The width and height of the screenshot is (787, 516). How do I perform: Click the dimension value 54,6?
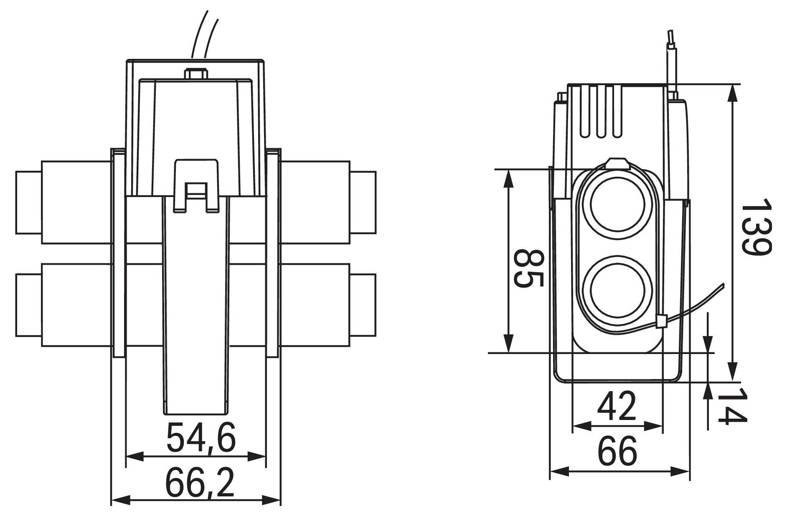click(x=201, y=438)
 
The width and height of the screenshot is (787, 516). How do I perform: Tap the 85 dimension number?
click(x=528, y=269)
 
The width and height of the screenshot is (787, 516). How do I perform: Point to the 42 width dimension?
click(x=617, y=407)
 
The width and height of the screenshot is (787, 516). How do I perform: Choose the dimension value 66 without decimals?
click(x=617, y=451)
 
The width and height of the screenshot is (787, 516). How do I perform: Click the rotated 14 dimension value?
click(x=731, y=406)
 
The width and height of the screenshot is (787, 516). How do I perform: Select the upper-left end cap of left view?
click(x=28, y=202)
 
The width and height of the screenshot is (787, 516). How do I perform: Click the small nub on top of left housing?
click(x=196, y=74)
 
